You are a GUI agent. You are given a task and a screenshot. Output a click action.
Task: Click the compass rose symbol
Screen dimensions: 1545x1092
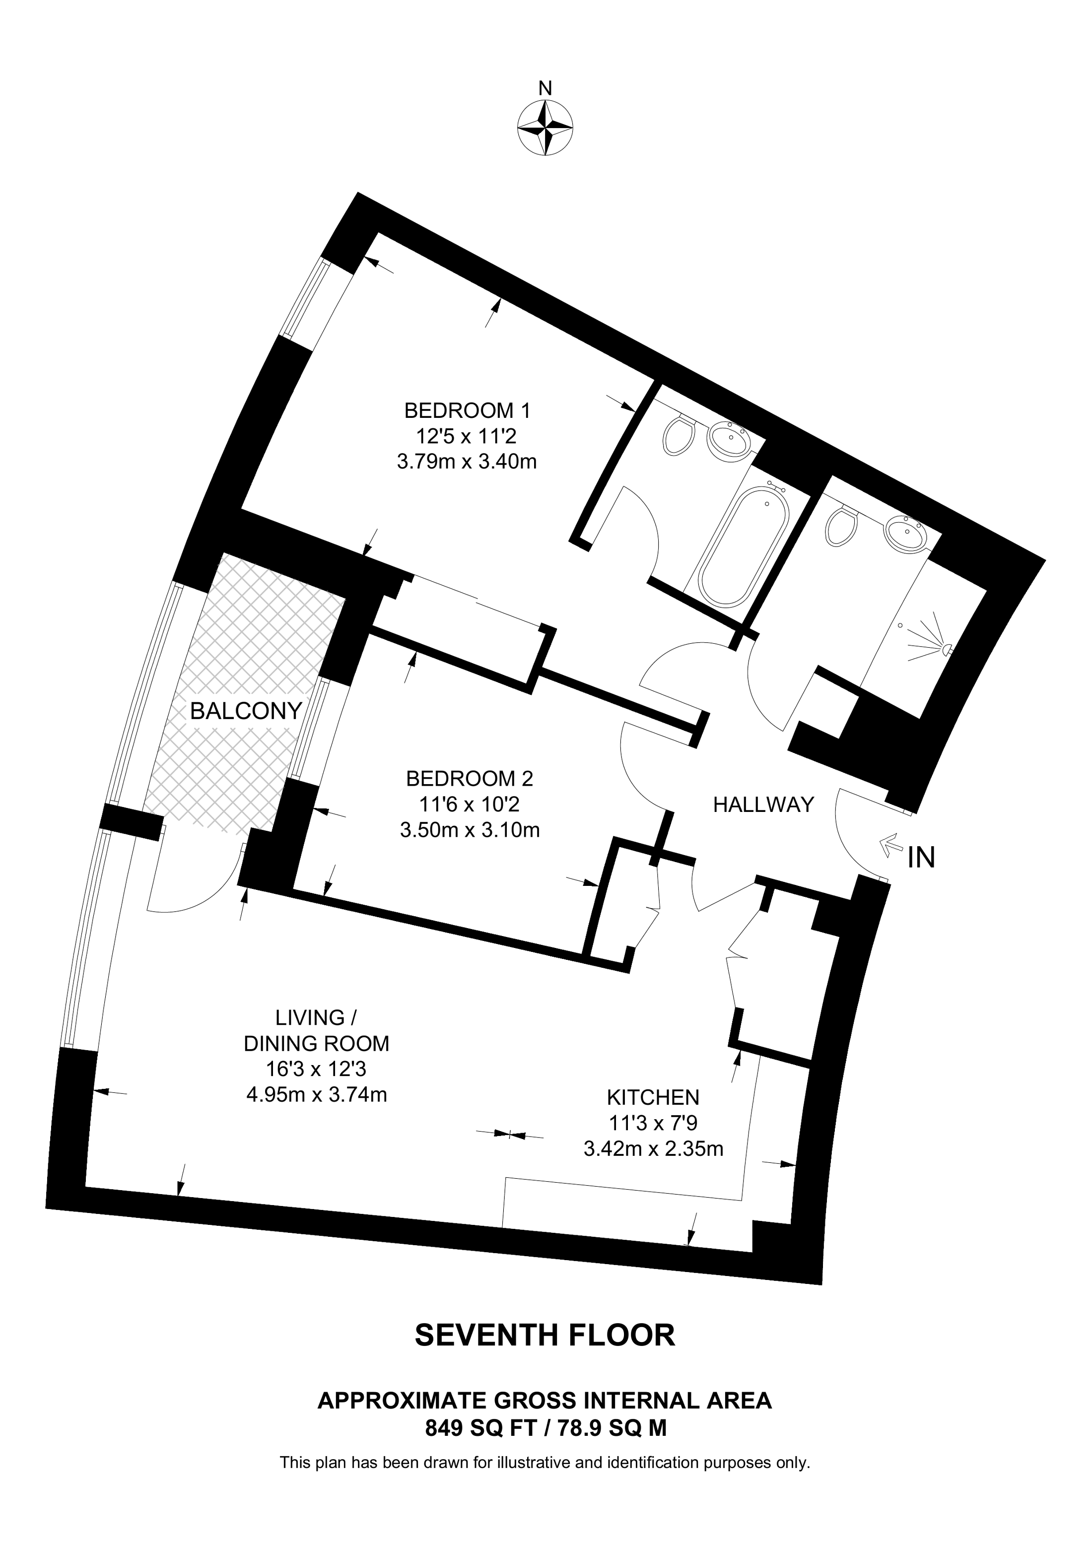(545, 128)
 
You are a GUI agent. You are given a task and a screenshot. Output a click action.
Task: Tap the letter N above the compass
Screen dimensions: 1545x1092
(546, 88)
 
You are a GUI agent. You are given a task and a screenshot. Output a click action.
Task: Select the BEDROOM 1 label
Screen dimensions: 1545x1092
(467, 410)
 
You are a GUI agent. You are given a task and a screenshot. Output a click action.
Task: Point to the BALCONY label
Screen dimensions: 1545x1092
(246, 711)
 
